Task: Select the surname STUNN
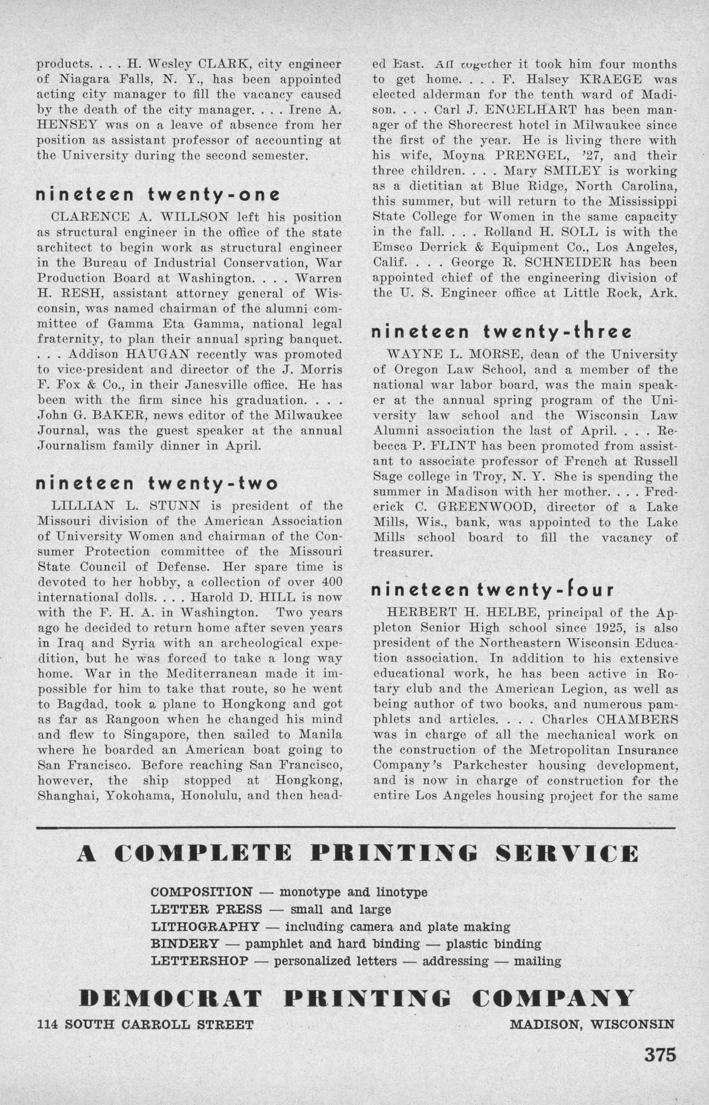(174, 506)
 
